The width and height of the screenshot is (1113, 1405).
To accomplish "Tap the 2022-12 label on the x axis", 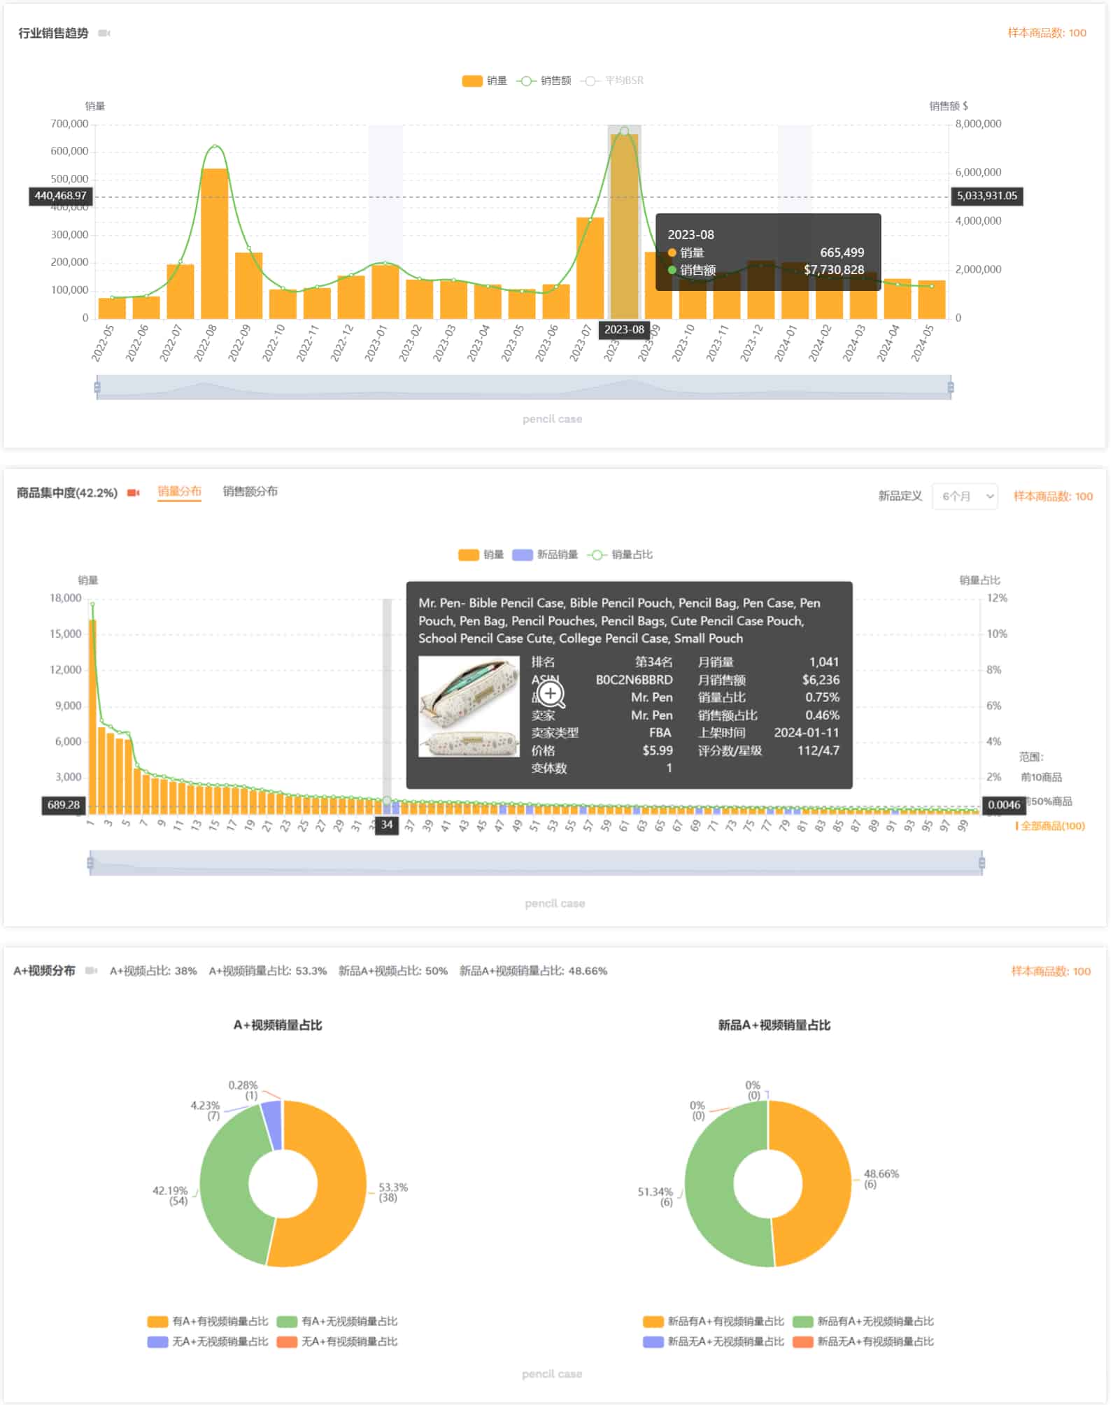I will click(342, 343).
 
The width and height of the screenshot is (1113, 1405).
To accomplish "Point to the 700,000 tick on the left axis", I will click(69, 124).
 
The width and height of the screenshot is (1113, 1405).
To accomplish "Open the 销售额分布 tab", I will click(250, 492).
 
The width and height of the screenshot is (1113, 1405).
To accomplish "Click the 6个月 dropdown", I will click(965, 497).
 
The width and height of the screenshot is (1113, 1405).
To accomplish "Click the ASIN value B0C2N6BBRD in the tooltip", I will click(634, 680).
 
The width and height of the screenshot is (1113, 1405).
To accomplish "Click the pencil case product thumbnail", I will click(469, 706).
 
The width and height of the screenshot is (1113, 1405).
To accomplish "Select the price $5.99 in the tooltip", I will click(658, 750).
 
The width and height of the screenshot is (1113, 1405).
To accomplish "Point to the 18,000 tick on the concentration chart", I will click(66, 599).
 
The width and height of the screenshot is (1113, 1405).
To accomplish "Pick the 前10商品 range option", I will click(1041, 777).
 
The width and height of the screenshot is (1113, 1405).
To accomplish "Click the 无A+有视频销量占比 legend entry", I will click(349, 1341).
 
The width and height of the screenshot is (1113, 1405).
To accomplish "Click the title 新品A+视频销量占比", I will click(774, 1025).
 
